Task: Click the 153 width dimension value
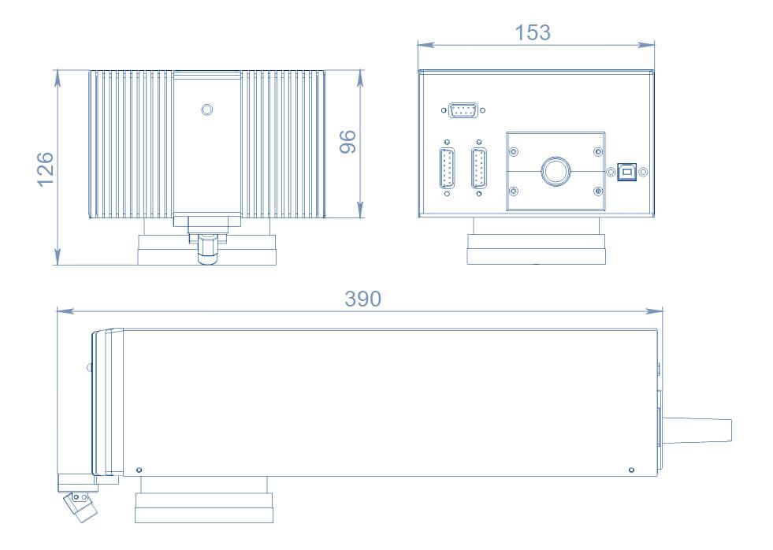533,33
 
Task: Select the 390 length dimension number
363,299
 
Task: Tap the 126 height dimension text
45,169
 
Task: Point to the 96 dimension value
347,142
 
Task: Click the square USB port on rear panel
627,172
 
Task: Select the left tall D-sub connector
447,168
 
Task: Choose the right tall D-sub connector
479,168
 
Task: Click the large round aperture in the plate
556,170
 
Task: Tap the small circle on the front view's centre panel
206,109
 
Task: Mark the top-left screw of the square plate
514,151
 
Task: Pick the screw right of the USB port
643,172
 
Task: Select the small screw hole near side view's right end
631,470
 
